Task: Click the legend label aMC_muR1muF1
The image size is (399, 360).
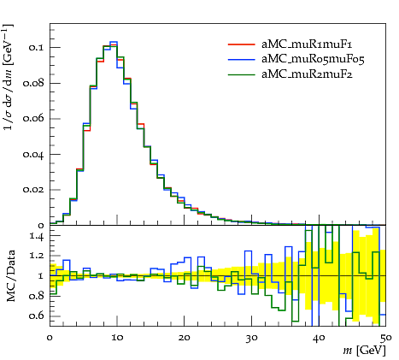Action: point(307,44)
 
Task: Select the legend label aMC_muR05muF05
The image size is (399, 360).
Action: point(313,59)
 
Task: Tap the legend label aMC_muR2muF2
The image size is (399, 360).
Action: point(307,74)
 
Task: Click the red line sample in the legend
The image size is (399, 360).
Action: point(241,44)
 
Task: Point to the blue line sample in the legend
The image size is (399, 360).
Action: point(241,59)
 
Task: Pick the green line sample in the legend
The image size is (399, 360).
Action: point(241,74)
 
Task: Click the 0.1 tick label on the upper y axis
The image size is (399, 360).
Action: point(36,47)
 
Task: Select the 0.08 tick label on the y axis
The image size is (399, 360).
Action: point(33,83)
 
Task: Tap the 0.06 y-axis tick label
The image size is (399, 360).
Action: point(33,119)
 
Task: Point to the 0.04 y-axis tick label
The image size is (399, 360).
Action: point(33,154)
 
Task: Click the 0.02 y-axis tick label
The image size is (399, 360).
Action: point(33,190)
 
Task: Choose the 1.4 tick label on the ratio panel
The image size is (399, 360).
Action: point(37,237)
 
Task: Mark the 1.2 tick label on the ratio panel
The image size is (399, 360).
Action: point(37,256)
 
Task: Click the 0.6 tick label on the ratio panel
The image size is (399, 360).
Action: point(36,316)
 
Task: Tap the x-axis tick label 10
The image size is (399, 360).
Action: point(117,338)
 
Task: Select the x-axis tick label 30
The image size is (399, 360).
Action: point(251,338)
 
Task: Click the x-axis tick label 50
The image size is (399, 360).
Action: point(386,338)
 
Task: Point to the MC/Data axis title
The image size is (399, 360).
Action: point(10,276)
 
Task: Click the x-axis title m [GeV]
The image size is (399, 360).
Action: point(364,351)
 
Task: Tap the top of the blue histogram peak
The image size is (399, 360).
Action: point(114,42)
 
